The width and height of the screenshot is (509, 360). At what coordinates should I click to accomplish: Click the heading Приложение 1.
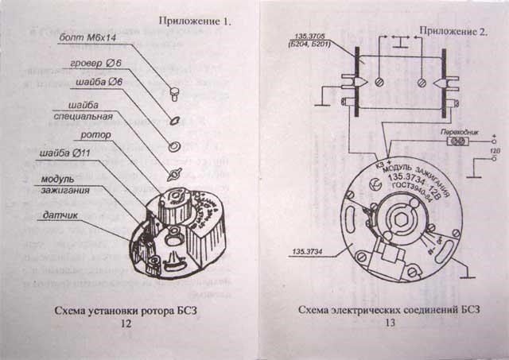194,21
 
